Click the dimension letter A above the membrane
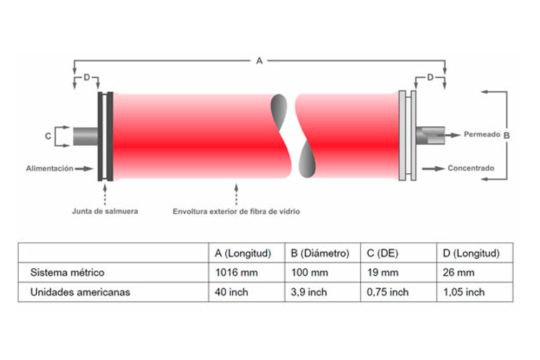(259, 61)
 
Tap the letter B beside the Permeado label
(507, 135)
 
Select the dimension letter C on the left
(48, 137)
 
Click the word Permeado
(482, 134)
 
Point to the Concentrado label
(470, 168)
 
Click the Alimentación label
(50, 168)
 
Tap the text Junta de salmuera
(105, 211)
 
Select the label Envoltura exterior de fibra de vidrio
(236, 212)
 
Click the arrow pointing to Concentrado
(433, 168)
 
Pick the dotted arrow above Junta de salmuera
(105, 193)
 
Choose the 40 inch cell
(231, 292)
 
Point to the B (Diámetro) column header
(320, 253)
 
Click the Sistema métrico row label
(67, 273)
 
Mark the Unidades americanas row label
(80, 292)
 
